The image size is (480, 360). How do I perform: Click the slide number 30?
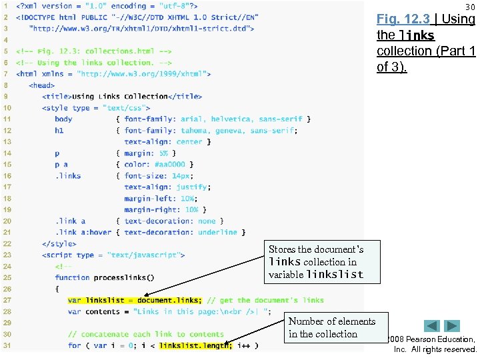471,7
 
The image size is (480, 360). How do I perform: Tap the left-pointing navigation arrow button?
432,326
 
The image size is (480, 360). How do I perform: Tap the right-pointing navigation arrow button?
452,326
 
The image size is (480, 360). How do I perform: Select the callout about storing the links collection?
316,261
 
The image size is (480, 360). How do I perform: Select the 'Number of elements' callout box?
332,327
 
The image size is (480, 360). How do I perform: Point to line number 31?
7,345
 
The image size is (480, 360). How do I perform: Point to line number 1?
7,5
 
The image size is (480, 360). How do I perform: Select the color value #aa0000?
171,164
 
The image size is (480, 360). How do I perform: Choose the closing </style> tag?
59,243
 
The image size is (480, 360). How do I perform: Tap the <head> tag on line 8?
42,85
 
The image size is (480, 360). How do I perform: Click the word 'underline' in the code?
217,232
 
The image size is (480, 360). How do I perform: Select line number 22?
7,243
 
